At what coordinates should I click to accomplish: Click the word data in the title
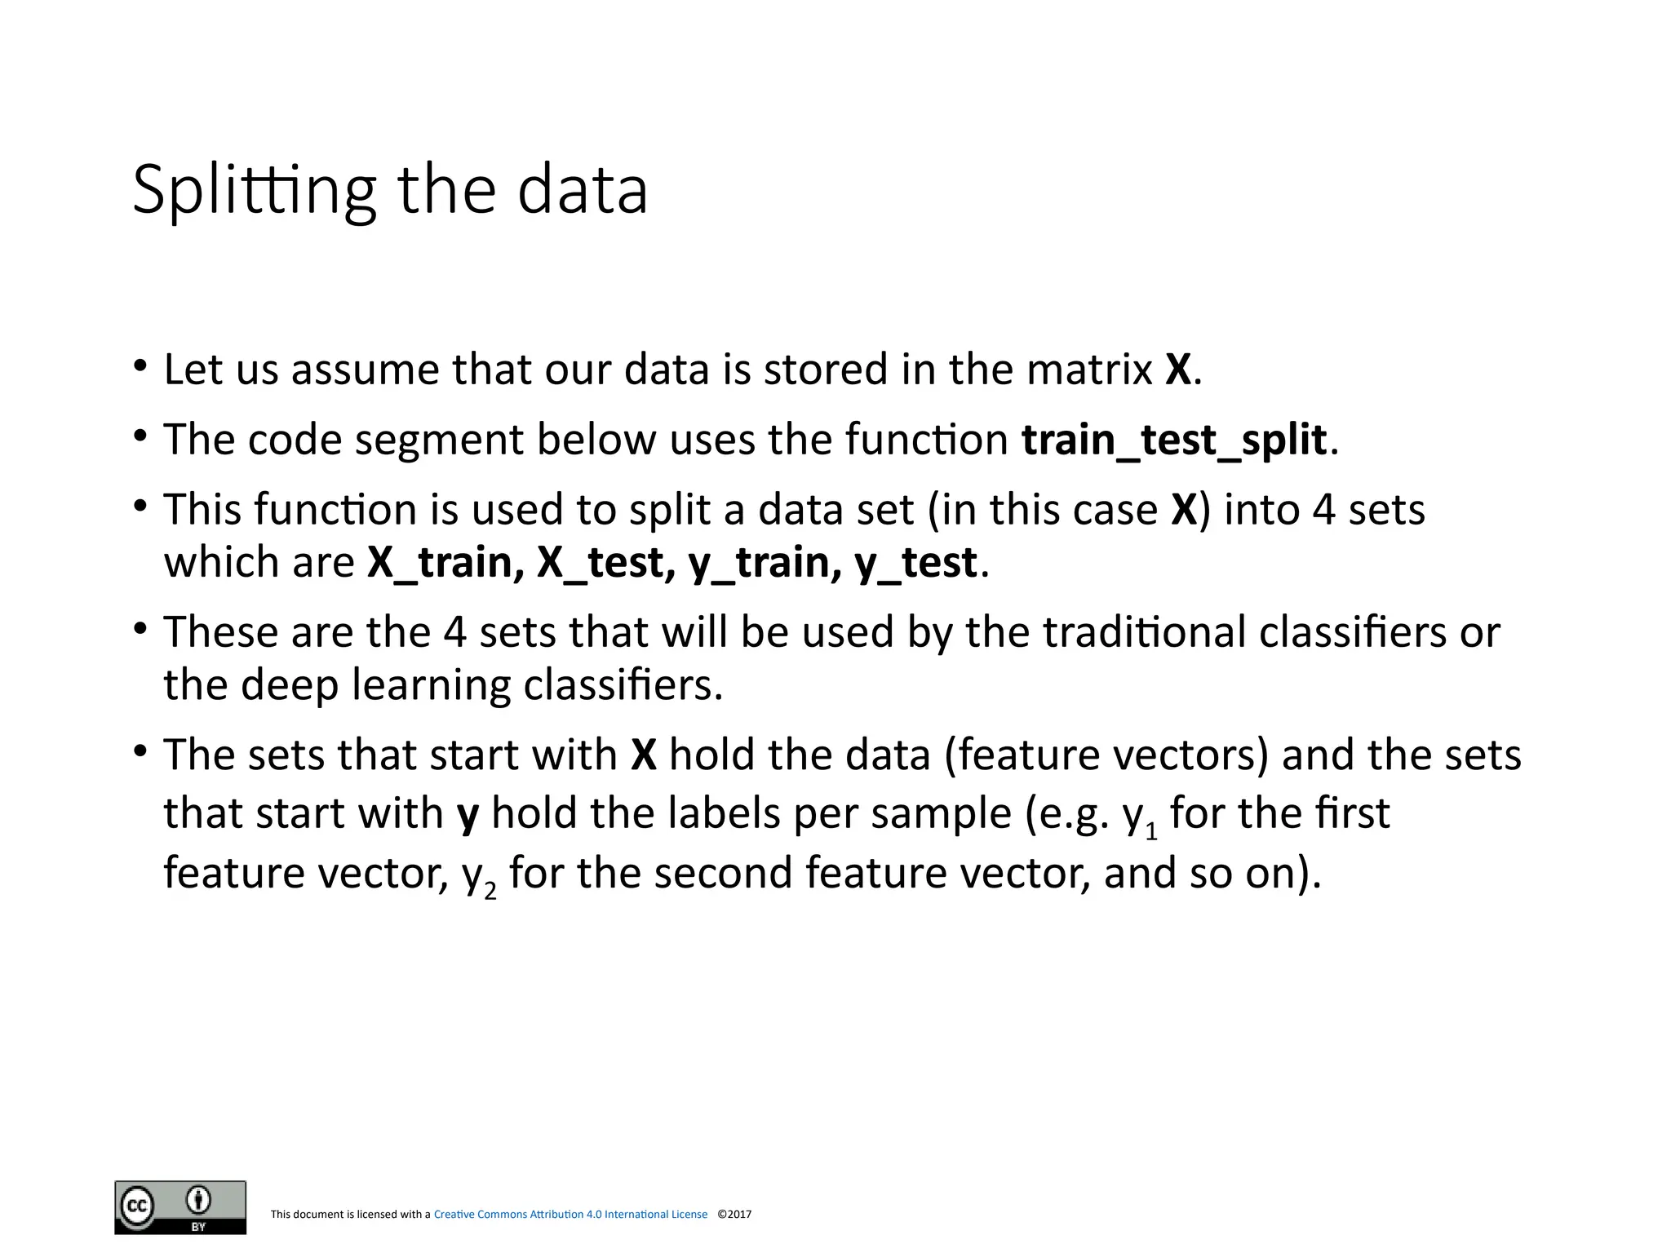pos(582,190)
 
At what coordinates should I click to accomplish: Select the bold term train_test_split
pos(1174,441)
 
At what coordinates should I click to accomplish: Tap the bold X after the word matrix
pos(1177,370)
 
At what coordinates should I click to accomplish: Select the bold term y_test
pos(915,563)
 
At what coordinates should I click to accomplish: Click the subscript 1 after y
pos(1151,833)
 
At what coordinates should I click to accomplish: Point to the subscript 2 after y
pos(490,892)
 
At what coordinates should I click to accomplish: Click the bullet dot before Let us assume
pos(140,365)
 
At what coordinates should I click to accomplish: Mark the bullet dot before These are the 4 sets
pos(140,628)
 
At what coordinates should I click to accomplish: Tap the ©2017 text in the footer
pos(734,1215)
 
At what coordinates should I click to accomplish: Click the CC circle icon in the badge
pos(137,1206)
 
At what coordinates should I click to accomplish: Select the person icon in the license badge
pos(198,1200)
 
